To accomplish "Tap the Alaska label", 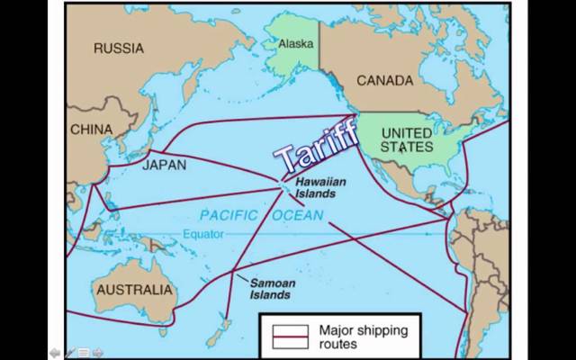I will point(296,43).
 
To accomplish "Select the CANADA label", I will point(384,81).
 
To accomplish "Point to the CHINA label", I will point(91,130).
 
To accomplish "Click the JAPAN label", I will point(164,166).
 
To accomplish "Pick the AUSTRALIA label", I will point(133,290).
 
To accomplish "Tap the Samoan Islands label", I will point(271,289).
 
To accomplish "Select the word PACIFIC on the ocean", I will point(229,215).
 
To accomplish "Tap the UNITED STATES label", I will point(406,139).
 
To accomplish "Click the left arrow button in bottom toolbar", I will point(56,352).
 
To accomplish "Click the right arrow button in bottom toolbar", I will point(97,352).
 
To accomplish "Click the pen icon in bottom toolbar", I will point(69,352).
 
